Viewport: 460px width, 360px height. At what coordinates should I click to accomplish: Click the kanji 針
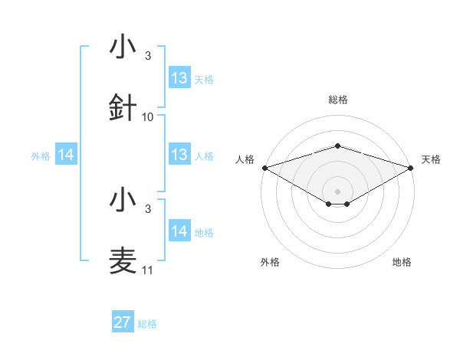pos(123,108)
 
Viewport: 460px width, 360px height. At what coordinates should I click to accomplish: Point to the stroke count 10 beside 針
pos(148,117)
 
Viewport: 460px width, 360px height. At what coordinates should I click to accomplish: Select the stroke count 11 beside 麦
pos(148,270)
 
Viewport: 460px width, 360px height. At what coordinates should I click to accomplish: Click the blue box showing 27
pos(123,322)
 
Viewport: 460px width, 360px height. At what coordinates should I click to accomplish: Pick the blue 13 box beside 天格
pos(179,78)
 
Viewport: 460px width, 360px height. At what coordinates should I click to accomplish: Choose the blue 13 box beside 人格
pos(179,155)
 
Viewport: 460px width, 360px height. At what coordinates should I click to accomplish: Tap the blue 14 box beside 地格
pos(179,231)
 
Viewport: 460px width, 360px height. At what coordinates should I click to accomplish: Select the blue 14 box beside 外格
pos(66,155)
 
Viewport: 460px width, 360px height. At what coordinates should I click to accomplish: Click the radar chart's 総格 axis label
pos(337,100)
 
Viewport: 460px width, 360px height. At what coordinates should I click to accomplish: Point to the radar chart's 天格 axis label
pos(431,159)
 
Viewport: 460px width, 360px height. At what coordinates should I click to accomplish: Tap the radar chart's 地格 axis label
pos(402,262)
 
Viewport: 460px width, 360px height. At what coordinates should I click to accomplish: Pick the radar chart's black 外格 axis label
pos(271,262)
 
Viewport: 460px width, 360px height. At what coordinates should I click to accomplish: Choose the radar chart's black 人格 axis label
pos(245,159)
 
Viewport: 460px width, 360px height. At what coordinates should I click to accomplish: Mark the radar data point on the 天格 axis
pos(411,167)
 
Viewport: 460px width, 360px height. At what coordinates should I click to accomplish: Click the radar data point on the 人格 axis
pos(264,167)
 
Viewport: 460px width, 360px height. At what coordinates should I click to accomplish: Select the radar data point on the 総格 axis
pos(337,146)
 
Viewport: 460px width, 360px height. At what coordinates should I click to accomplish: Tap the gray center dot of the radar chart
pos(337,191)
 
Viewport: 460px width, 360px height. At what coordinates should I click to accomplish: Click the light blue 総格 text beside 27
pos(147,324)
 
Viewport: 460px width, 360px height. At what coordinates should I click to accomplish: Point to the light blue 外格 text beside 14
pos(41,155)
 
